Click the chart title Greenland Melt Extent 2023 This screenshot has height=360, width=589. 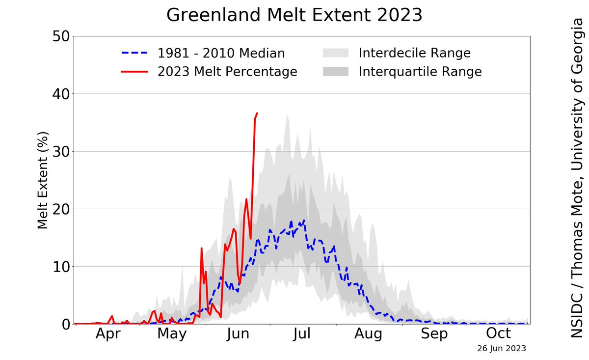coord(294,15)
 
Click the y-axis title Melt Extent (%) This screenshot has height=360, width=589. coord(43,180)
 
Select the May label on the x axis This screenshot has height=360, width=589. coord(172,334)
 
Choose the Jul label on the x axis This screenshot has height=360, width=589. coord(302,334)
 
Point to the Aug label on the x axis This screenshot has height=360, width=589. coord(368,334)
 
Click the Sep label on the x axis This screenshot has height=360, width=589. coord(434,334)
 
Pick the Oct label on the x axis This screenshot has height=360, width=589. coord(499,334)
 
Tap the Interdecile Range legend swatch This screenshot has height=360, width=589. coord(335,53)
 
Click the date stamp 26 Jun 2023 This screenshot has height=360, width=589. coord(501,349)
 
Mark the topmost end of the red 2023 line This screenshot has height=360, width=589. coord(257,113)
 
